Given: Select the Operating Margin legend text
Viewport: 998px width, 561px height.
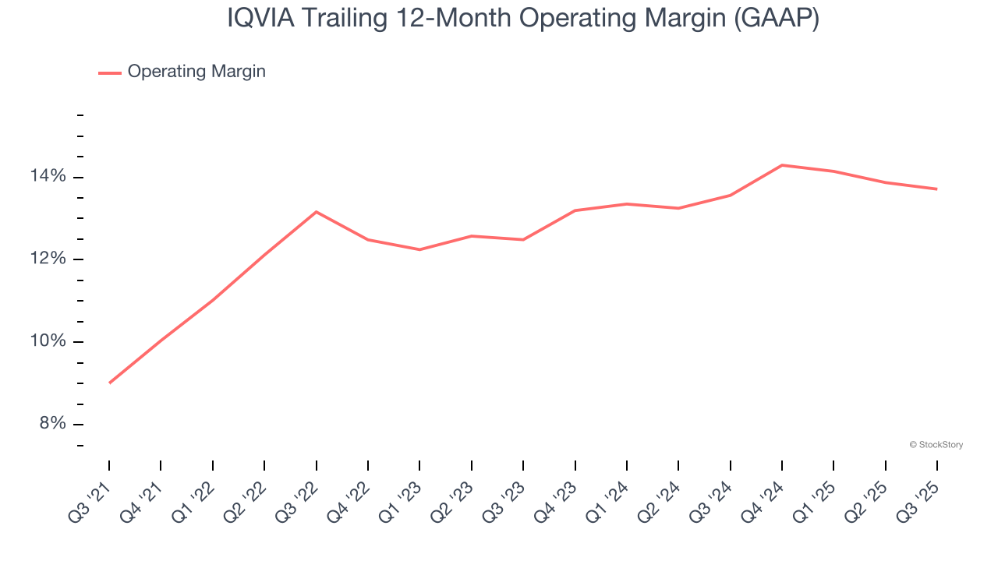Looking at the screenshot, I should click(x=196, y=72).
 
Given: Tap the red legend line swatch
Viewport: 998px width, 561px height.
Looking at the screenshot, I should click(x=109, y=72).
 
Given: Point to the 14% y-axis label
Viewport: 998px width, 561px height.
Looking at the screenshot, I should click(x=48, y=177).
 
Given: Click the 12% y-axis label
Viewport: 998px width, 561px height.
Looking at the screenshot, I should click(x=48, y=259).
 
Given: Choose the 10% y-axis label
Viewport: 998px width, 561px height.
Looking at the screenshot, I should click(x=48, y=342).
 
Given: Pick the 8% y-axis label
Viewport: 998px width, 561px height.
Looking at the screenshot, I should click(x=52, y=424).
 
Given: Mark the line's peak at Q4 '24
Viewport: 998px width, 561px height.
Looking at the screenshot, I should click(x=782, y=165).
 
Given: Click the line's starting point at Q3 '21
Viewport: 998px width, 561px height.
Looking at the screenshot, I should click(x=109, y=383).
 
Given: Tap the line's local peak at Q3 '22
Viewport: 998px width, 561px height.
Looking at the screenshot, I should click(x=316, y=211).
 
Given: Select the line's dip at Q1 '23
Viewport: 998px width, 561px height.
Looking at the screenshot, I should click(x=419, y=249).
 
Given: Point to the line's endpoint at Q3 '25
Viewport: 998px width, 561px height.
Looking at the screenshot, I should click(x=936, y=189).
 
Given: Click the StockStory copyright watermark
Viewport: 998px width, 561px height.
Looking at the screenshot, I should click(x=936, y=445).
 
